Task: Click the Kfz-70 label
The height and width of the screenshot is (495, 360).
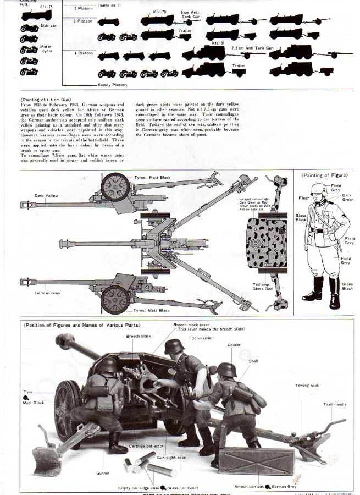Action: (159, 11)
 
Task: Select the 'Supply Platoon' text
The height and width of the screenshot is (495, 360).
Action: (113, 85)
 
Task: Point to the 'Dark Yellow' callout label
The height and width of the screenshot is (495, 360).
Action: (46, 195)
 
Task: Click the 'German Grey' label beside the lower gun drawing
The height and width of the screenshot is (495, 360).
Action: (48, 293)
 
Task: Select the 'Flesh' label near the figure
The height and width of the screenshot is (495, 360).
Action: (304, 198)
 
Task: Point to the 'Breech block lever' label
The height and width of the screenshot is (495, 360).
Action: (191, 324)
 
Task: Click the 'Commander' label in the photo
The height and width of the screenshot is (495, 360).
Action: (202, 338)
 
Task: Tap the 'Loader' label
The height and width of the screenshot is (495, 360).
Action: (234, 345)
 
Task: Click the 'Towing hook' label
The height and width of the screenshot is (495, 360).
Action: (307, 386)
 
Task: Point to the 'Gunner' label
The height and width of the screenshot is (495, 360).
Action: (102, 473)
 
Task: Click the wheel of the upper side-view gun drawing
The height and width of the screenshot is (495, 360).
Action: (116, 187)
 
